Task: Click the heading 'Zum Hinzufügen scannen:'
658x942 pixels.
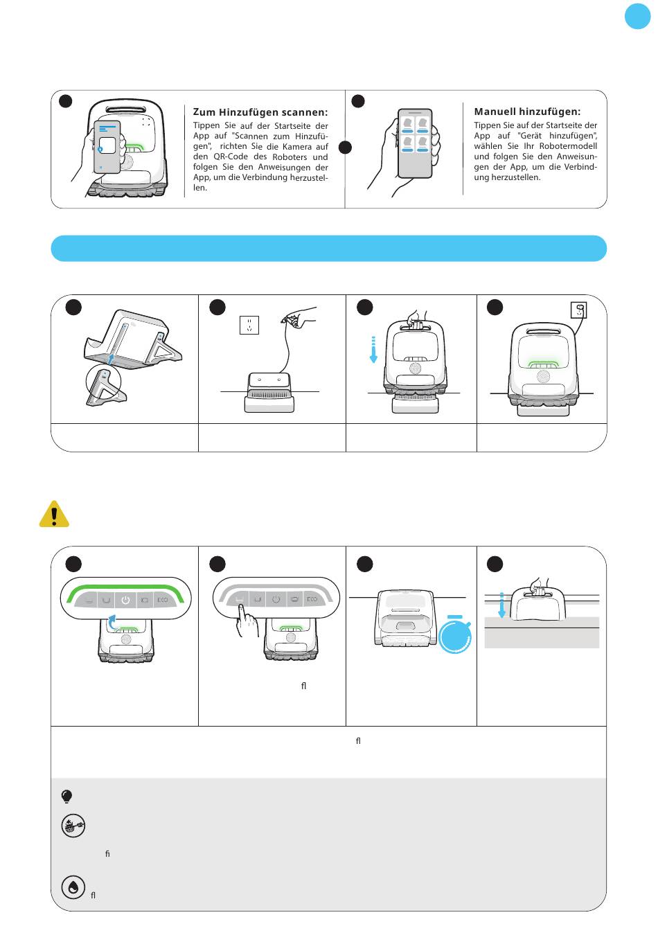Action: [260, 112]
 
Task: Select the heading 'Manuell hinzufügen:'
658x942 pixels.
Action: [527, 112]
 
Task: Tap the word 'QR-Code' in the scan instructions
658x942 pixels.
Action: [230, 157]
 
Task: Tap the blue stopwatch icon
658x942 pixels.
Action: [455, 634]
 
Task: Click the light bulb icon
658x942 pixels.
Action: [67, 797]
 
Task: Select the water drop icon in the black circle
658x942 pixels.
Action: [73, 887]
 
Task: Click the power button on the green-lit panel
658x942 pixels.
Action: [125, 600]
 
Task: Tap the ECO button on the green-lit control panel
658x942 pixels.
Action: [162, 600]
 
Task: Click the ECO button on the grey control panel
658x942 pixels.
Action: [312, 599]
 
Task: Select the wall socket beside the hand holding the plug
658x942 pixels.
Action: [249, 324]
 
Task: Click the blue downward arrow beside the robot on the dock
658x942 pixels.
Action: [373, 350]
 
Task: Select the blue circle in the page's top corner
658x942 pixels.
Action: [637, 17]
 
